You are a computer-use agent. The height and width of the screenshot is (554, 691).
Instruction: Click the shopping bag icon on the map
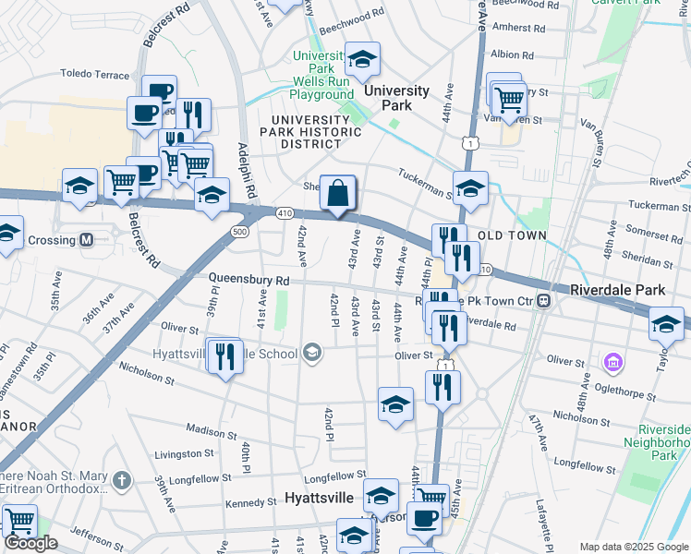[x=339, y=194]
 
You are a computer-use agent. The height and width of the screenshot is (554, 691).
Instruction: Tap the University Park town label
[x=396, y=97]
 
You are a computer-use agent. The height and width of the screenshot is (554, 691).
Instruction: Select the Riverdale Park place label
[x=617, y=290]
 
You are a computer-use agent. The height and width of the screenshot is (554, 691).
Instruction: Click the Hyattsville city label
[x=344, y=497]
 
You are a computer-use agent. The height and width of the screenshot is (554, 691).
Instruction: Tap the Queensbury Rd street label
[x=249, y=280]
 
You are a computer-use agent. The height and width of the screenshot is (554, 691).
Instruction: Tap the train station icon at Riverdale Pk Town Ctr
[x=545, y=300]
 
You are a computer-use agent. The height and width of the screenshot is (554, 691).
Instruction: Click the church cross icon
[x=121, y=480]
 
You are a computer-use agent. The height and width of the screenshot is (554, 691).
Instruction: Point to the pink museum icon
[x=612, y=361]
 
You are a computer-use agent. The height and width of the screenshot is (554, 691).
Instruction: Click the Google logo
[x=30, y=543]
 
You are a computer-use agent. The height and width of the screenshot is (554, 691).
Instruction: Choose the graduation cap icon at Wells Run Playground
[x=362, y=61]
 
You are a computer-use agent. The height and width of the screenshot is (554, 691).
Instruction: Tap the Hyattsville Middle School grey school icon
[x=312, y=353]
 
